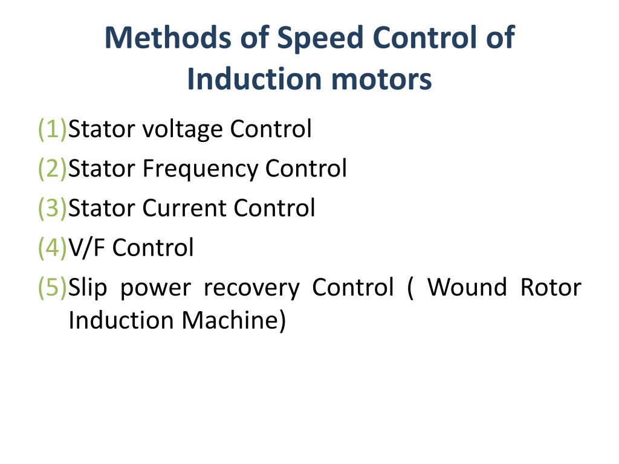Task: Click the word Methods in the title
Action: point(167,38)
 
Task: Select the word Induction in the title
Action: point(255,79)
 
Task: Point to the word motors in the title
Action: point(381,80)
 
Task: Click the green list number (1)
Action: point(52,129)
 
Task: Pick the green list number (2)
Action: point(52,169)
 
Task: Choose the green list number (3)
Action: point(52,208)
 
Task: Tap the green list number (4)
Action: point(52,248)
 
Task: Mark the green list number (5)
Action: point(52,287)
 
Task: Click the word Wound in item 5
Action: point(467,287)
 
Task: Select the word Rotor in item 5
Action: point(551,287)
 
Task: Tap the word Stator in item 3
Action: point(102,208)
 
